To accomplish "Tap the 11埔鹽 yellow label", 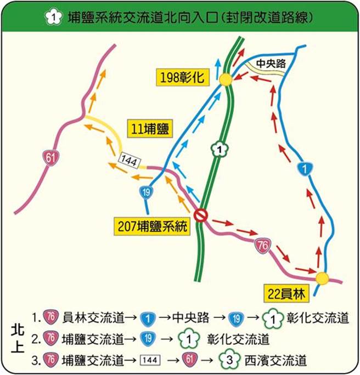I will (149, 130).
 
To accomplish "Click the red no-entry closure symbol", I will (201, 215).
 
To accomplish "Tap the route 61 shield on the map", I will (52, 158).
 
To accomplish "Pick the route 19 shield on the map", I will (145, 192).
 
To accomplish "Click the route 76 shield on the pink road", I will (263, 246).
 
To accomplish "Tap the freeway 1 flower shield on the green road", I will (219, 149).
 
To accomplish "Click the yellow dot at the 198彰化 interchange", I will (225, 80).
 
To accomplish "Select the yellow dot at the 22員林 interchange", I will (322, 278).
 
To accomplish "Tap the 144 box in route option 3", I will (150, 361).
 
